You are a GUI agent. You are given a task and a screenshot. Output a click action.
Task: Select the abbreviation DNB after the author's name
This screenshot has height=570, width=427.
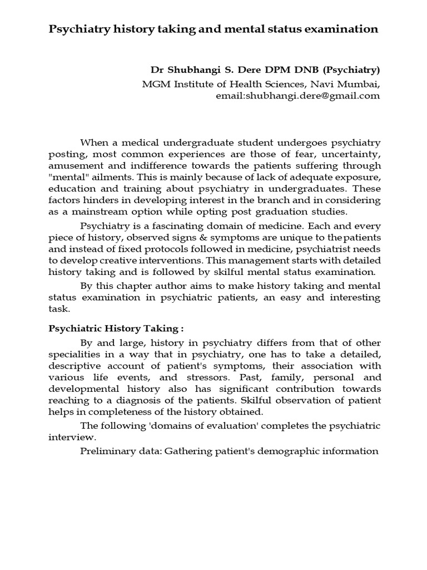coord(304,71)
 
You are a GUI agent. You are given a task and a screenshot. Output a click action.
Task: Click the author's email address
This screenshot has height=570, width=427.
coord(297,96)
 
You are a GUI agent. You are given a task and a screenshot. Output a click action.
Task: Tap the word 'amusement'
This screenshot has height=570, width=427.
coord(72,166)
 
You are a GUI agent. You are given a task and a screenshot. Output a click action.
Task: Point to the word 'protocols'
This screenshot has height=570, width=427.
coord(153,249)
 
